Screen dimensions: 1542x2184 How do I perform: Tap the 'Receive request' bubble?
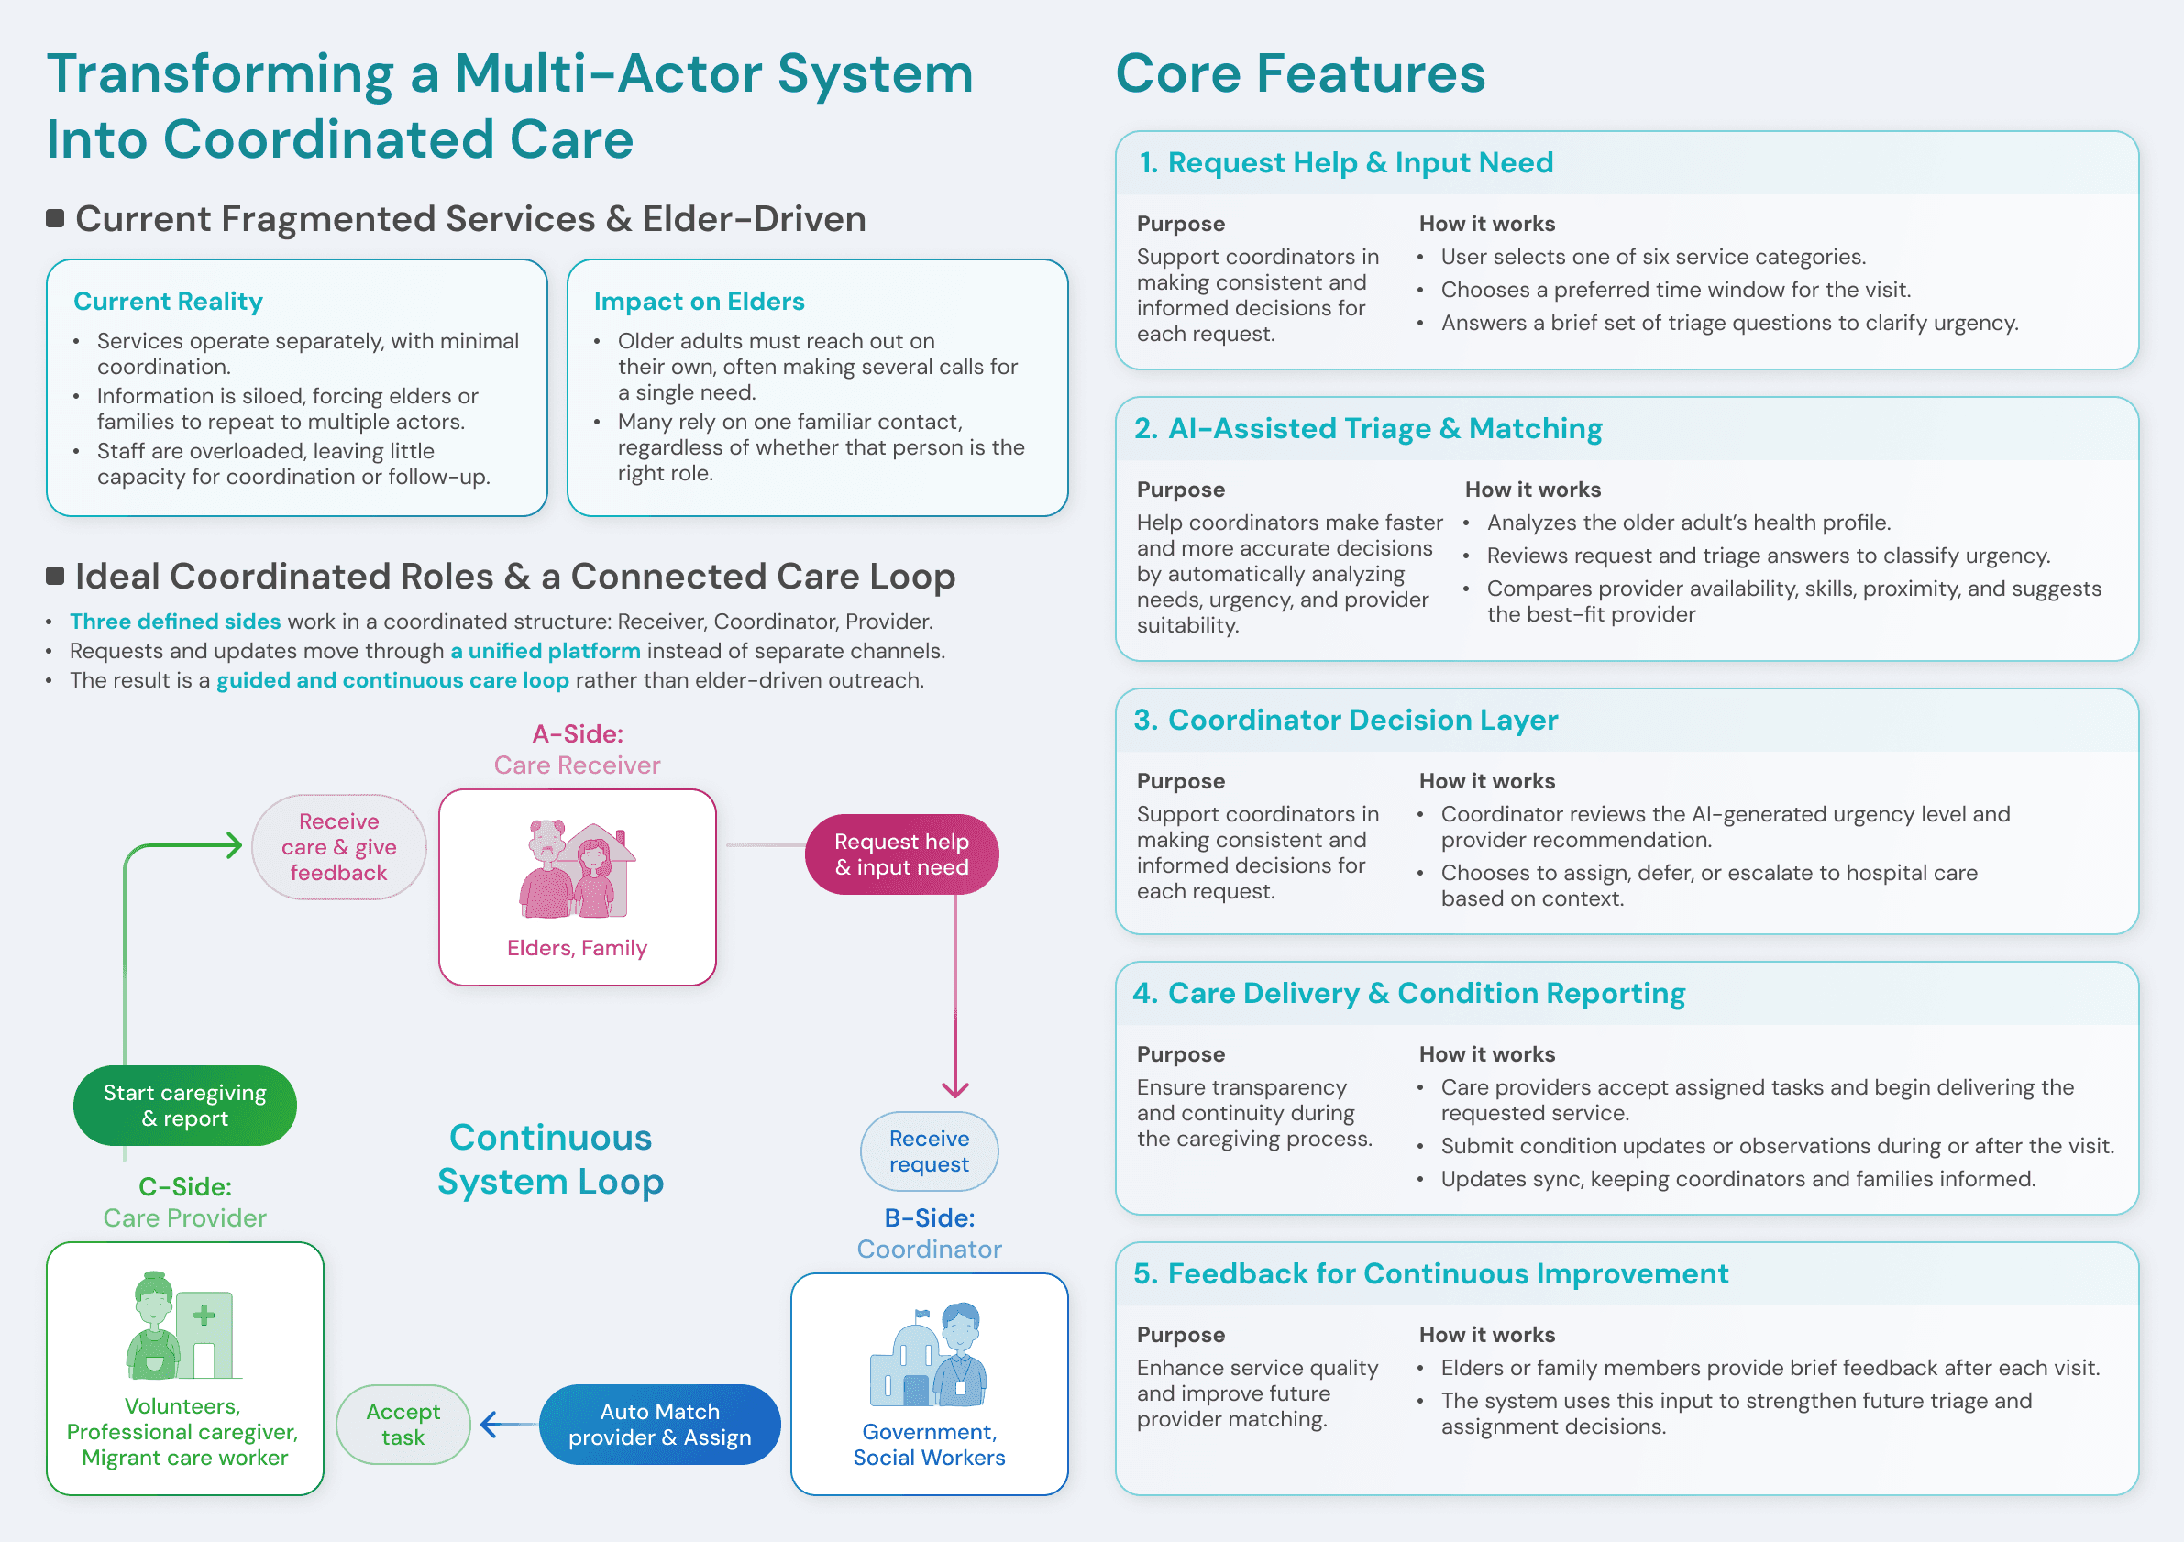coord(929,1151)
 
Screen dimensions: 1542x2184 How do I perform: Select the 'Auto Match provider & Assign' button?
coord(659,1424)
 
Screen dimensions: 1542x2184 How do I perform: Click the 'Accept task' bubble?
coord(403,1424)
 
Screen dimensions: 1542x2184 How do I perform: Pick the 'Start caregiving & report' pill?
coord(184,1106)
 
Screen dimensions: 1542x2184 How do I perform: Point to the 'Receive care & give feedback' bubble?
coord(338,846)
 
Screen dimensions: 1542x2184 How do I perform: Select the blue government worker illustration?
coord(929,1355)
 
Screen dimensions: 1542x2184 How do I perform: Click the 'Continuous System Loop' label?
coord(550,1159)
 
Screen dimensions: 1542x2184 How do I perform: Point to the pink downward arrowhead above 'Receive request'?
coord(955,1088)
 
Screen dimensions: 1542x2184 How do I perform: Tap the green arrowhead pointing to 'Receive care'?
coord(232,844)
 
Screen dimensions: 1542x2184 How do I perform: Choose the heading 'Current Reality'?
coord(168,302)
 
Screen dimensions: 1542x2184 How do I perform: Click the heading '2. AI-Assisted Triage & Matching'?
coord(1367,429)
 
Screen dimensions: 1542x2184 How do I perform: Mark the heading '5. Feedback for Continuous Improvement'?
coord(1430,1273)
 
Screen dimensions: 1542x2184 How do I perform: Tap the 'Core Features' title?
coord(1299,73)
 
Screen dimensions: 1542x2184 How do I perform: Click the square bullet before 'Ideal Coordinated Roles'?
coord(55,576)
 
